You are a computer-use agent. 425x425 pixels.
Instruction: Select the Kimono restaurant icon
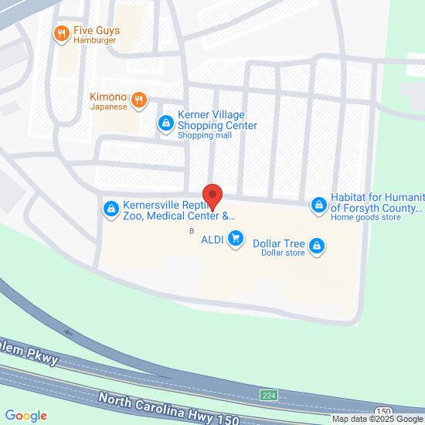coord(139,100)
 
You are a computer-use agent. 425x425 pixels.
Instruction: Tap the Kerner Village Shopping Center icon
coord(165,122)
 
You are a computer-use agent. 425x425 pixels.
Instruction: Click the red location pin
coord(212,197)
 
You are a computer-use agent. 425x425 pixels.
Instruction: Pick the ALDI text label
coord(212,240)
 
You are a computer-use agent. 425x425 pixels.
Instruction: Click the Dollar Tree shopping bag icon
coord(315,246)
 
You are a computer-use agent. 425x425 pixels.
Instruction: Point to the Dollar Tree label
coord(279,246)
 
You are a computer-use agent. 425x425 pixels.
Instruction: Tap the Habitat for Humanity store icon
coord(318,205)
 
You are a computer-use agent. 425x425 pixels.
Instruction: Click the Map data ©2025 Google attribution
coord(377,419)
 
